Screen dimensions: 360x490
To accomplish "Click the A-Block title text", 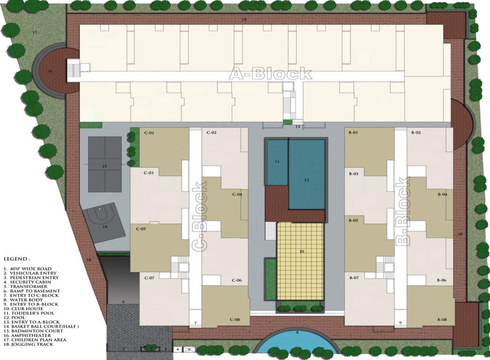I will click(270, 74).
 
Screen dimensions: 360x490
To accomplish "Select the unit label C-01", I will click(149, 133).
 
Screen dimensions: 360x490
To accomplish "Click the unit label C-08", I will click(235, 320).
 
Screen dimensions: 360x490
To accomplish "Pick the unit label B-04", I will click(442, 194).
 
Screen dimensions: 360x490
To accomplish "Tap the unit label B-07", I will click(354, 278).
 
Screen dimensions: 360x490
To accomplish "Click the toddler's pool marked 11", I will click(277, 162).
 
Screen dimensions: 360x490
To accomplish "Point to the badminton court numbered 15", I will click(104, 166).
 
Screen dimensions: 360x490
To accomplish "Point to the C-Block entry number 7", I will click(195, 323).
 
